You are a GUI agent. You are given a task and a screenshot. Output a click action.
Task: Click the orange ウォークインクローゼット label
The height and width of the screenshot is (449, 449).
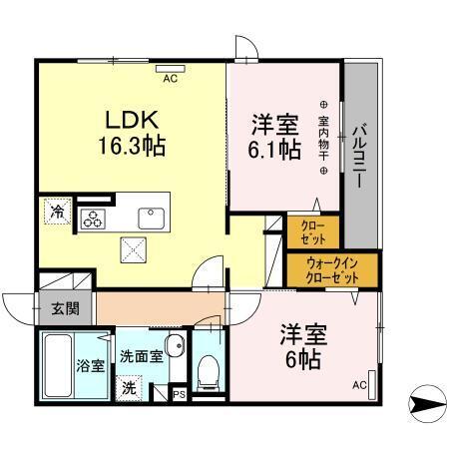[x=332, y=268]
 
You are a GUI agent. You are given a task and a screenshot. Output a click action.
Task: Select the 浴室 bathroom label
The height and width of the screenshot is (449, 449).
[x=92, y=364]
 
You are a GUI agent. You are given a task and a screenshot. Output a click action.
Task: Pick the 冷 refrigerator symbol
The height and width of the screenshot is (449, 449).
[x=57, y=212]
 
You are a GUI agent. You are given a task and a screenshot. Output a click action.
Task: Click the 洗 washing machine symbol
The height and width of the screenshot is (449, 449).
[x=130, y=386]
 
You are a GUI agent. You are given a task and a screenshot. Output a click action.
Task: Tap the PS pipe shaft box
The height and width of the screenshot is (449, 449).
[x=178, y=393]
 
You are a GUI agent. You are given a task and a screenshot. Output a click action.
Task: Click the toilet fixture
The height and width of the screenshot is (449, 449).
[x=208, y=371]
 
